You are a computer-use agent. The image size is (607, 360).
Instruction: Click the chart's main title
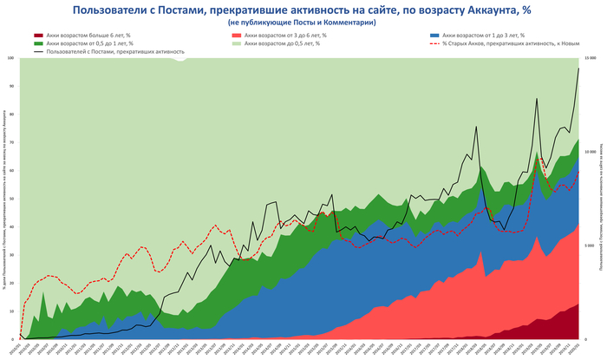click(x=303, y=10)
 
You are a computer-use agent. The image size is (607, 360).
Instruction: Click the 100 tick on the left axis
click(x=11, y=58)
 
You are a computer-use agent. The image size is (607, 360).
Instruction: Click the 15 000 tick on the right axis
click(x=591, y=58)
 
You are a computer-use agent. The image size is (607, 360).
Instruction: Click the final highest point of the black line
click(x=578, y=69)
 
